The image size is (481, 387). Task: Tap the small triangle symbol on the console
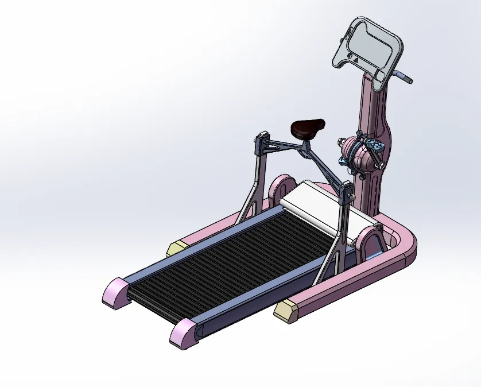(x=355, y=58)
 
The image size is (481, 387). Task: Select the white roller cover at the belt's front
(x=327, y=207)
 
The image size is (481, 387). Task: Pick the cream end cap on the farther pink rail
(x=177, y=248)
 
